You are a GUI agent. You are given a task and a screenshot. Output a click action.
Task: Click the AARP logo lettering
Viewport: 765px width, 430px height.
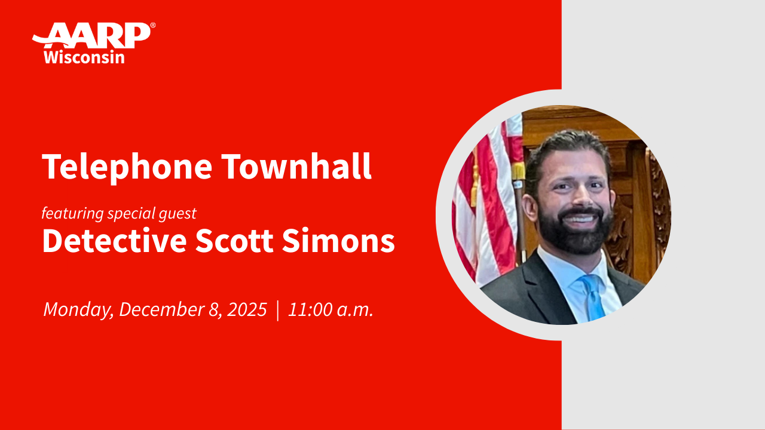[x=96, y=36]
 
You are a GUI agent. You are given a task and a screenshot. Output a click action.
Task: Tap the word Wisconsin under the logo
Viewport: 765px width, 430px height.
[x=84, y=57]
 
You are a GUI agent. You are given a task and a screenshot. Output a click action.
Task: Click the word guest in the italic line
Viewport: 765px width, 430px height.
[x=178, y=213]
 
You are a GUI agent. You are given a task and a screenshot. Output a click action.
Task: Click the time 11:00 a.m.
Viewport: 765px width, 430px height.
[x=331, y=310]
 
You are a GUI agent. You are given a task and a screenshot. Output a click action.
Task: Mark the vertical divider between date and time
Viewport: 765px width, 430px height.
[x=278, y=311]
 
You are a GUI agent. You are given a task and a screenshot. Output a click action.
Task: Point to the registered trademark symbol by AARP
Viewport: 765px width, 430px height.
[x=153, y=26]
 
